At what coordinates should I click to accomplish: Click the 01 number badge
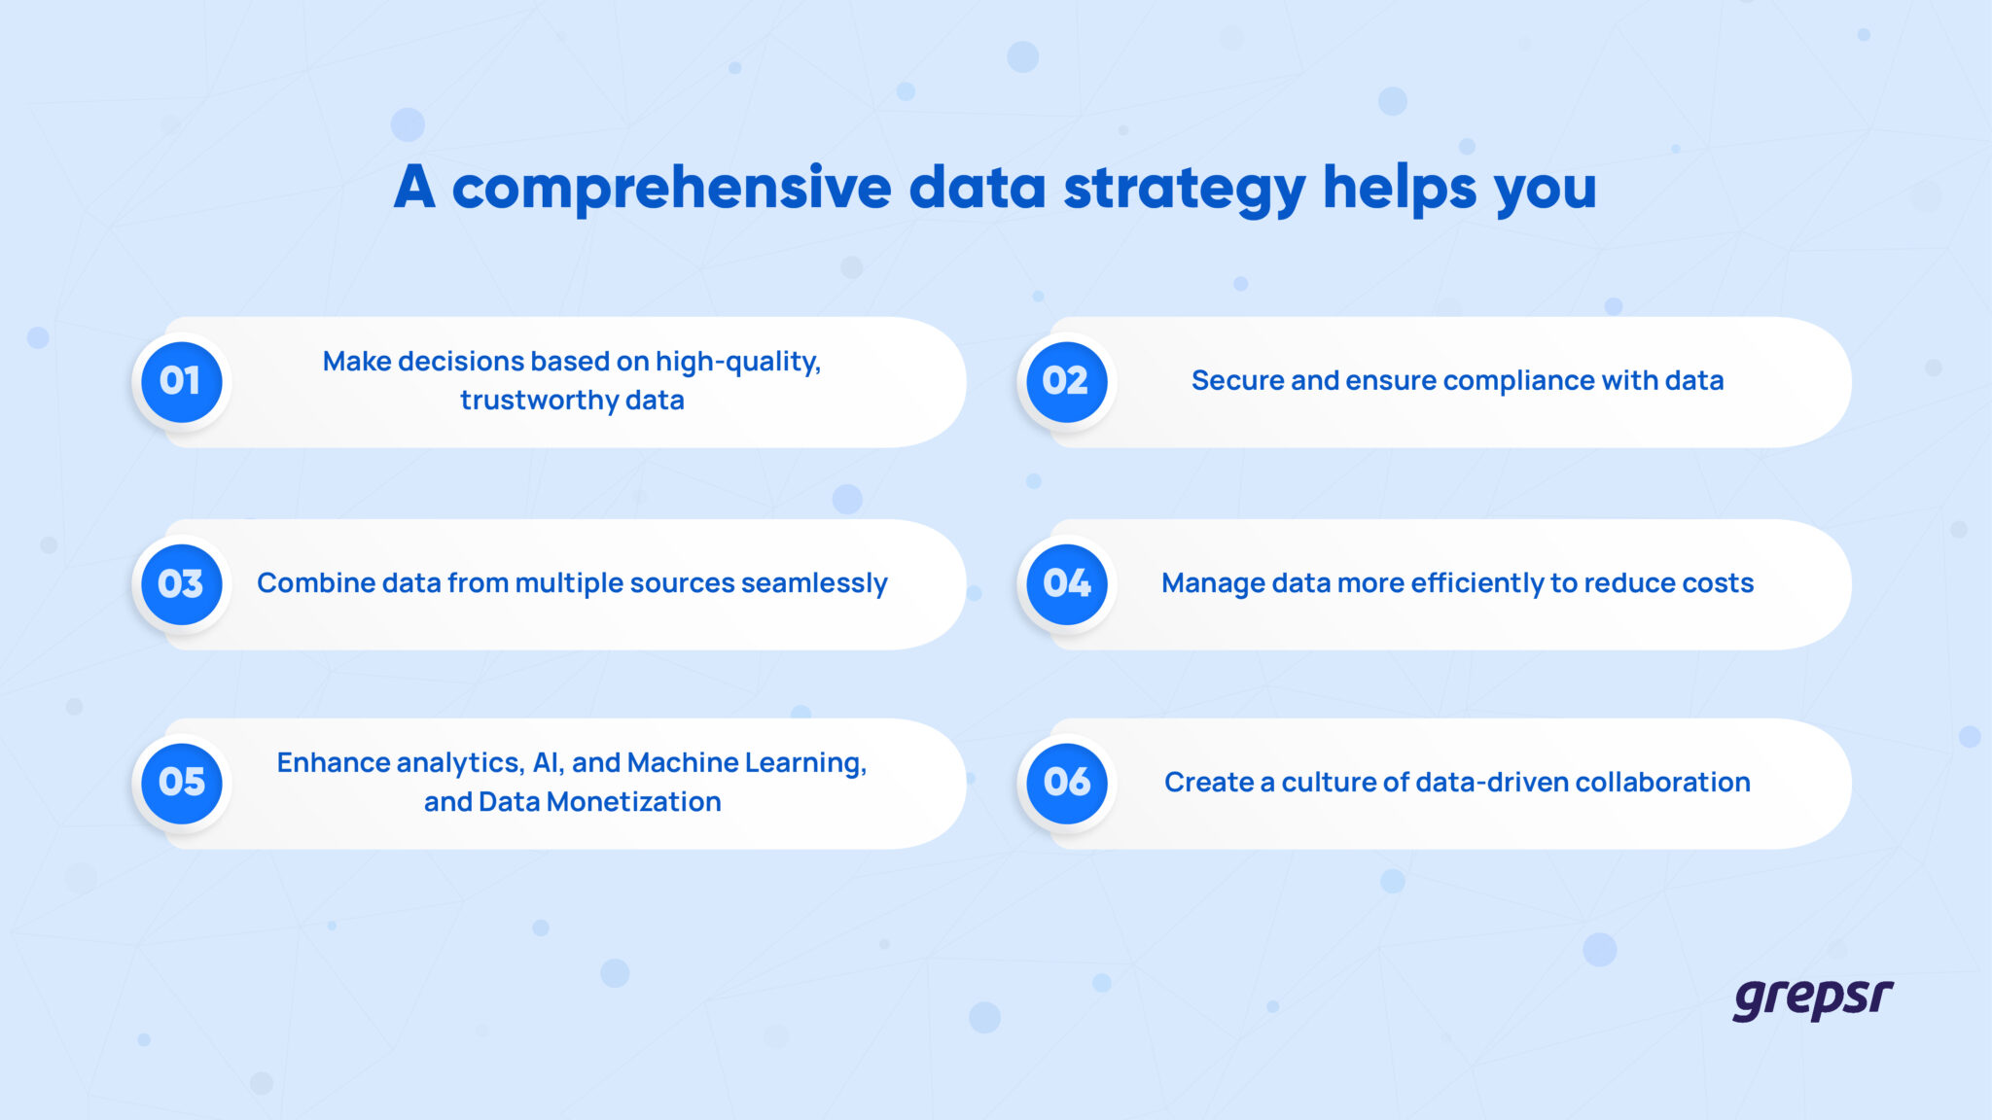coord(182,381)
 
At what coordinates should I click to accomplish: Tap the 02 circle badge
coord(1067,381)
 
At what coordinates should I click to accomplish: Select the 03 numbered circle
coord(182,583)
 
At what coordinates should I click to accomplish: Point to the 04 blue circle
coord(1067,583)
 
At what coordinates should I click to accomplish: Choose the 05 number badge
coord(182,783)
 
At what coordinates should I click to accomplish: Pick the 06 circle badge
coord(1067,783)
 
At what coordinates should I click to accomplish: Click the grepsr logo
coord(1812,999)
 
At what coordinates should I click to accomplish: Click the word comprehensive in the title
coord(671,187)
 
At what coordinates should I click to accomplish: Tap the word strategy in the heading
coord(1184,187)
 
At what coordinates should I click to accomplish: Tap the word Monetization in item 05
coord(633,802)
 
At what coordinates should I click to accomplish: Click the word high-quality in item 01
coord(737,362)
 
